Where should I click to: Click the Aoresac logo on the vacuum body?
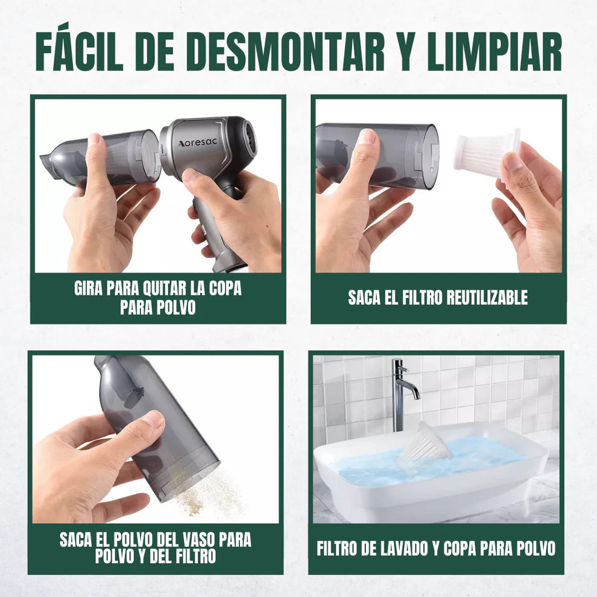197,143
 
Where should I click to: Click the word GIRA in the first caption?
88,289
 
